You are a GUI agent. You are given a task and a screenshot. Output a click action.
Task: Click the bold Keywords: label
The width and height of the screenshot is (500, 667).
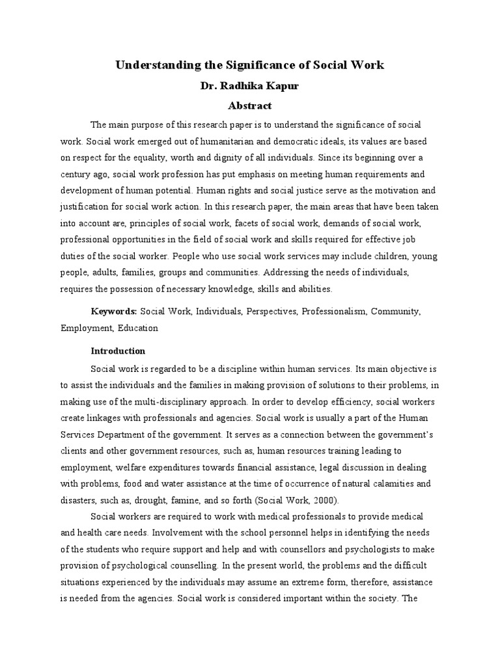coord(114,311)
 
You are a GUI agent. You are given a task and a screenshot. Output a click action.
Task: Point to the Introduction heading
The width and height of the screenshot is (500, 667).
coord(118,350)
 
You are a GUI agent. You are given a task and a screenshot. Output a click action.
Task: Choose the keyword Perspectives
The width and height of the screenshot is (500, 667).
coord(270,311)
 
